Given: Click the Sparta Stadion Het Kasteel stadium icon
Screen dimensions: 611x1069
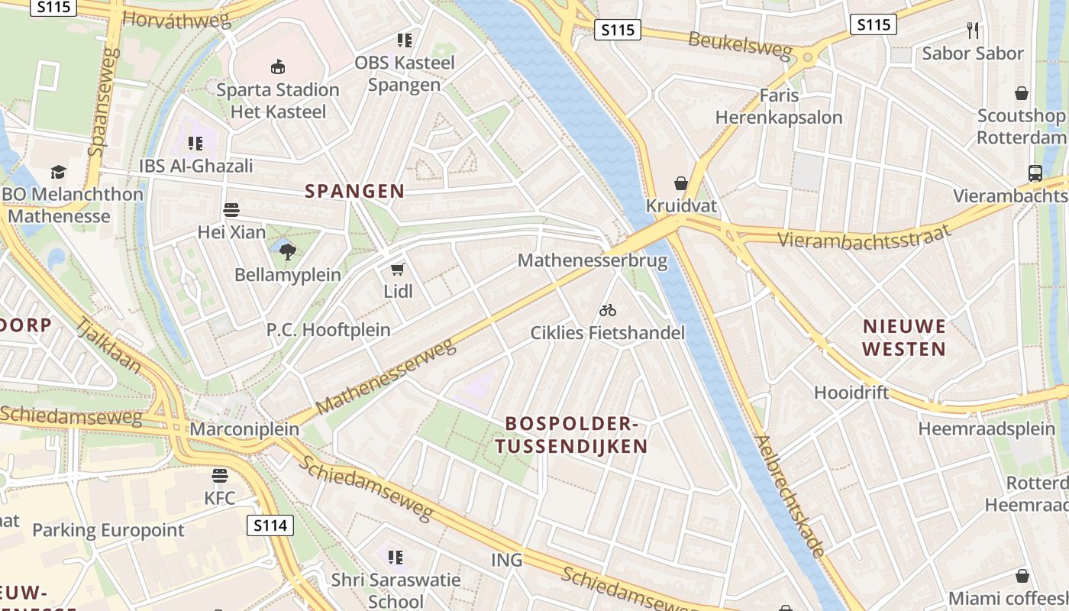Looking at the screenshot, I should coord(277,67).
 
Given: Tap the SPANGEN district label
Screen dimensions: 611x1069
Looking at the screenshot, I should coord(354,191).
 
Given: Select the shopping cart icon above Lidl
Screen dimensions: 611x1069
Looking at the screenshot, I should coord(397,269).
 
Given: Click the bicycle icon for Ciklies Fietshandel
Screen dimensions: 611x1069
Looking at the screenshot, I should coord(608,310).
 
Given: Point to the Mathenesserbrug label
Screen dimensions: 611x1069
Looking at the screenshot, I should coord(593,261).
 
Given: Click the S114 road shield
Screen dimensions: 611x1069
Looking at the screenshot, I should coord(271,525).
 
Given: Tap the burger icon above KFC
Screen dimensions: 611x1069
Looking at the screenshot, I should coord(220,476).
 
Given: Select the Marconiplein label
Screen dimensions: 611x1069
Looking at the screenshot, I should coord(244,429).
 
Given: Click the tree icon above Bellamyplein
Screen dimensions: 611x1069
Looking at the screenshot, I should coord(287,251).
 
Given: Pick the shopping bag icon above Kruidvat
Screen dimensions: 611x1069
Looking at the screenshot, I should coord(680,183).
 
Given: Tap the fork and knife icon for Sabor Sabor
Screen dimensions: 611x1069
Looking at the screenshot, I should coord(972,31).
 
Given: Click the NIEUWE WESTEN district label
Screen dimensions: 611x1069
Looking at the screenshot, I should coord(905,338).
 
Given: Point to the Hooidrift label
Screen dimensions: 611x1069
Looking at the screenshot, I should coord(851,393).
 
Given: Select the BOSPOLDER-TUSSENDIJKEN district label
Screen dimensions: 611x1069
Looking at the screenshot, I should coord(571,435).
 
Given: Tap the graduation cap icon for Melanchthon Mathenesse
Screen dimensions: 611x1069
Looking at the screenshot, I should coord(58,172).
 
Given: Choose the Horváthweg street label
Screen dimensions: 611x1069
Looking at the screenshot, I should coord(176,21).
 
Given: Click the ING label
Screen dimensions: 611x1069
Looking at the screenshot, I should coord(507,560).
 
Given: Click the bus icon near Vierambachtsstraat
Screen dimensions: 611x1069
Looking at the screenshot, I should coord(1035,173).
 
